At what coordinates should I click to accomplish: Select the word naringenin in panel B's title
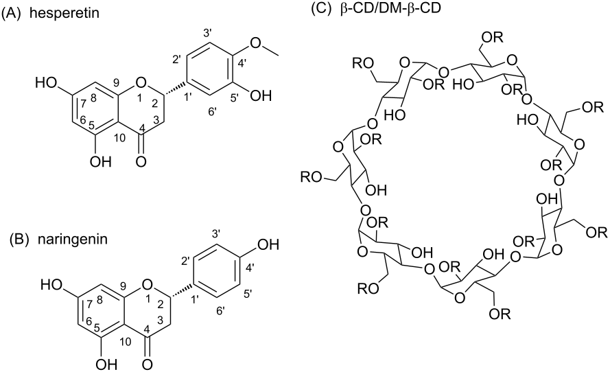click(73, 240)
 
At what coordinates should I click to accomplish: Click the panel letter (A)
click(10, 13)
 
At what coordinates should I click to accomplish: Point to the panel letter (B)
click(19, 240)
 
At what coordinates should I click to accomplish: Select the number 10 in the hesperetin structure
click(120, 138)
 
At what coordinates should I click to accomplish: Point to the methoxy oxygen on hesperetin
click(255, 43)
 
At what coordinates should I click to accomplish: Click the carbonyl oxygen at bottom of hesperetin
click(141, 161)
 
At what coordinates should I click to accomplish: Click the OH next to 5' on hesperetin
click(260, 95)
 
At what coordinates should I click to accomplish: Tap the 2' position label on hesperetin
click(177, 60)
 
